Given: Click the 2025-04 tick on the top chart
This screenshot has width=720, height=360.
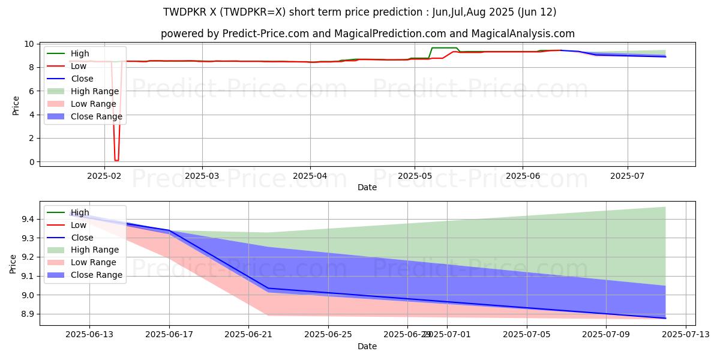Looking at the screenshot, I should [310, 175].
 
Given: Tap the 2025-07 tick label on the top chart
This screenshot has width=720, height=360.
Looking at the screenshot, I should [628, 175].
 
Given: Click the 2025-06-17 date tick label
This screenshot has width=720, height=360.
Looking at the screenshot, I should [169, 334].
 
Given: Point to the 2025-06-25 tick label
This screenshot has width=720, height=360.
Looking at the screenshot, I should [328, 334].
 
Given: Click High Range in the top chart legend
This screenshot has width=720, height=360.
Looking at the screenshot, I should [94, 91].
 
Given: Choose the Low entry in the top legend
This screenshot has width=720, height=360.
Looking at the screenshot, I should [79, 66].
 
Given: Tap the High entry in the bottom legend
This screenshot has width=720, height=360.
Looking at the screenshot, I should [79, 212].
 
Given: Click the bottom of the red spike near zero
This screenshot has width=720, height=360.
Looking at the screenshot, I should [116, 160].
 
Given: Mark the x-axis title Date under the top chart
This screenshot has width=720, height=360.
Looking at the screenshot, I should [367, 187].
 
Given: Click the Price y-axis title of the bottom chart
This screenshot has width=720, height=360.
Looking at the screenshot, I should [13, 263].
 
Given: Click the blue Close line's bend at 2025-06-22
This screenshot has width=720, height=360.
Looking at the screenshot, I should [268, 289].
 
